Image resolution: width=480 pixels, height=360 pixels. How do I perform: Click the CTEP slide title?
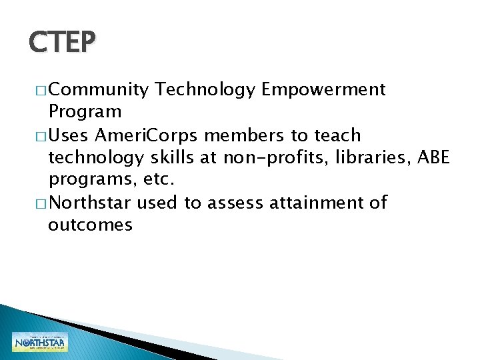pyautogui.click(x=63, y=43)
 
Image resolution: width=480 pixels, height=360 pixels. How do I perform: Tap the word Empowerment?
pyautogui.click(x=324, y=90)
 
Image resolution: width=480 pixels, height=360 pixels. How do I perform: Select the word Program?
pyautogui.click(x=85, y=112)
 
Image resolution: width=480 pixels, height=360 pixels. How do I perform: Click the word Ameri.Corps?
pyautogui.click(x=147, y=135)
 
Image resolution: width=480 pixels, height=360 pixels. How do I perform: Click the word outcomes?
pyautogui.click(x=90, y=225)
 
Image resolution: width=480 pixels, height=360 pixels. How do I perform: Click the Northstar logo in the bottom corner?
pyautogui.click(x=39, y=341)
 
